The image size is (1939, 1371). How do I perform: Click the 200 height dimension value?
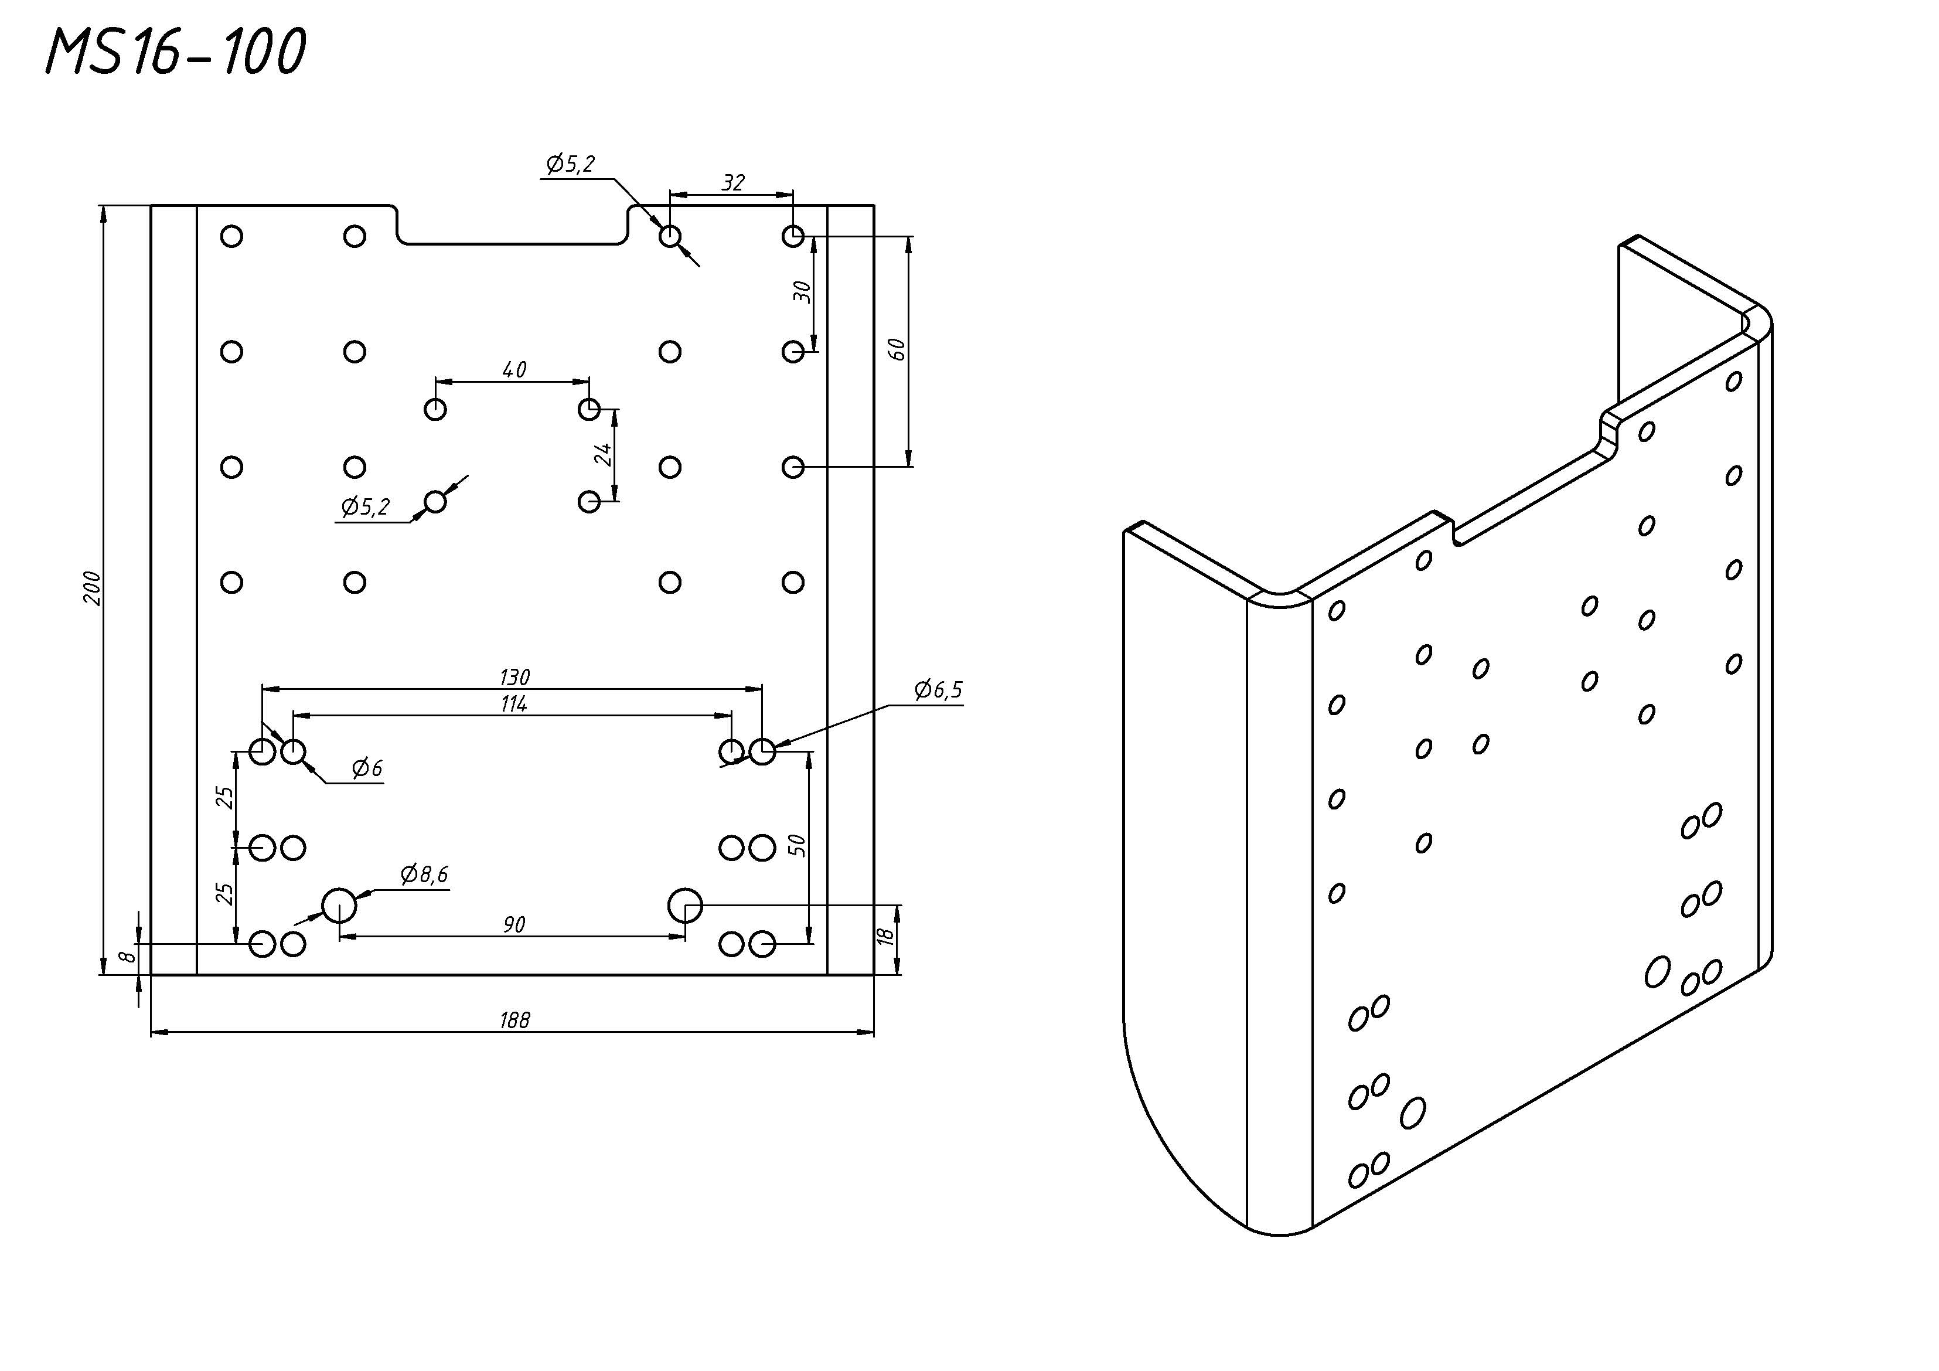click(x=93, y=588)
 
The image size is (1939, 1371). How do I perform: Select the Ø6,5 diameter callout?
click(x=938, y=690)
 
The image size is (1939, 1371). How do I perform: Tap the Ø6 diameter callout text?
click(x=367, y=768)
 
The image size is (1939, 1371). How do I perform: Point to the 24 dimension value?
click(x=603, y=454)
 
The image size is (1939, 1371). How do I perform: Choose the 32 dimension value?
click(x=733, y=182)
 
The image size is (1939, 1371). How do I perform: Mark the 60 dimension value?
click(x=898, y=349)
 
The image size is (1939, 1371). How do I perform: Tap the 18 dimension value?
click(x=885, y=936)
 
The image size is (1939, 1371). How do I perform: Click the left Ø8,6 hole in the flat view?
click(x=339, y=906)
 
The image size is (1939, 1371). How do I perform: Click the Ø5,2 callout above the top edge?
click(x=571, y=164)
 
